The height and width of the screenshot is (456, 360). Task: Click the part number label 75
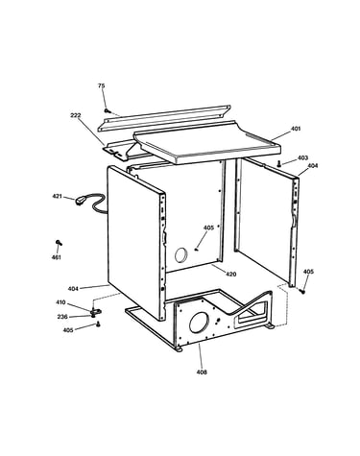101,85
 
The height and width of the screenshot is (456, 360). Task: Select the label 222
76,115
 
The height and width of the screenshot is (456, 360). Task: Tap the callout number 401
296,129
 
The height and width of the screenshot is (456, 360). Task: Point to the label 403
302,157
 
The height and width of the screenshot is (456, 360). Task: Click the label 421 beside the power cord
58,196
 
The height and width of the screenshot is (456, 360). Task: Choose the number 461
56,257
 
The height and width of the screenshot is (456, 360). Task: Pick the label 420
230,274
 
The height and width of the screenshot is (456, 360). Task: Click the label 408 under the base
202,372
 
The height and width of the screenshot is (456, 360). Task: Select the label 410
60,302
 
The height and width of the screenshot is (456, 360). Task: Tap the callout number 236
62,317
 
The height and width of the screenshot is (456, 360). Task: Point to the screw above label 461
59,243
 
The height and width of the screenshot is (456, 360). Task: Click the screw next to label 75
108,110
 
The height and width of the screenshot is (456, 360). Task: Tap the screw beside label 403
279,163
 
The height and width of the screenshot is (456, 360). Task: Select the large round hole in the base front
199,322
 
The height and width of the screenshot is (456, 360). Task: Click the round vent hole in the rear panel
181,255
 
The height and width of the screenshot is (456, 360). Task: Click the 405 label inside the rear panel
208,228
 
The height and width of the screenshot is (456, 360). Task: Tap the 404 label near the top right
313,166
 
